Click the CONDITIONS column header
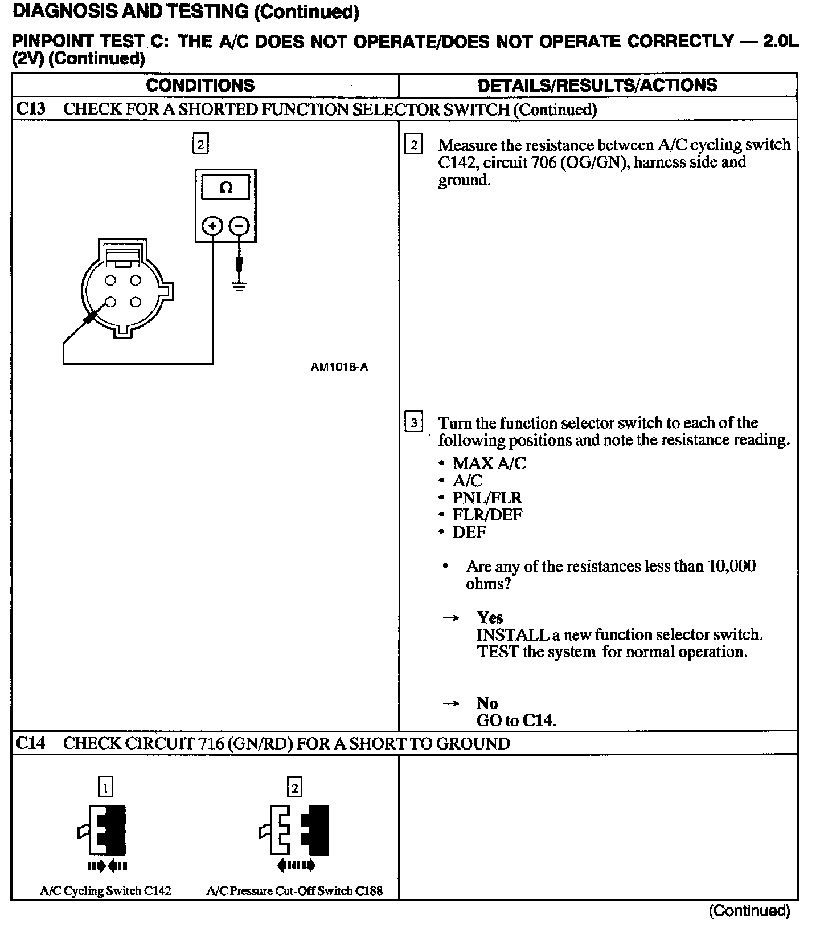pos(200,86)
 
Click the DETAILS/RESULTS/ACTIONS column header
pos(597,86)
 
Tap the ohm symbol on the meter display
pos(225,188)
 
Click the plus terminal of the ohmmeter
pos(212,226)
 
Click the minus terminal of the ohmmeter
pos(239,226)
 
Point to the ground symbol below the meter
pos(240,285)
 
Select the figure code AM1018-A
pos(339,367)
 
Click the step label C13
pos(30,109)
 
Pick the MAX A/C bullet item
pos(489,463)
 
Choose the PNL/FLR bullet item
pos(487,498)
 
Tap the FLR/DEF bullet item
pos(487,515)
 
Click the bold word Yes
pos(490,617)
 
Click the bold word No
pos(487,703)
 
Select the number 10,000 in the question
pos(731,566)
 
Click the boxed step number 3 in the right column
pos(413,423)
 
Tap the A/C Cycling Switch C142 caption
pos(105,890)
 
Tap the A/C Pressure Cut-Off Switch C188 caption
pos(294,890)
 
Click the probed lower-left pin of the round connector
pos(111,302)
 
